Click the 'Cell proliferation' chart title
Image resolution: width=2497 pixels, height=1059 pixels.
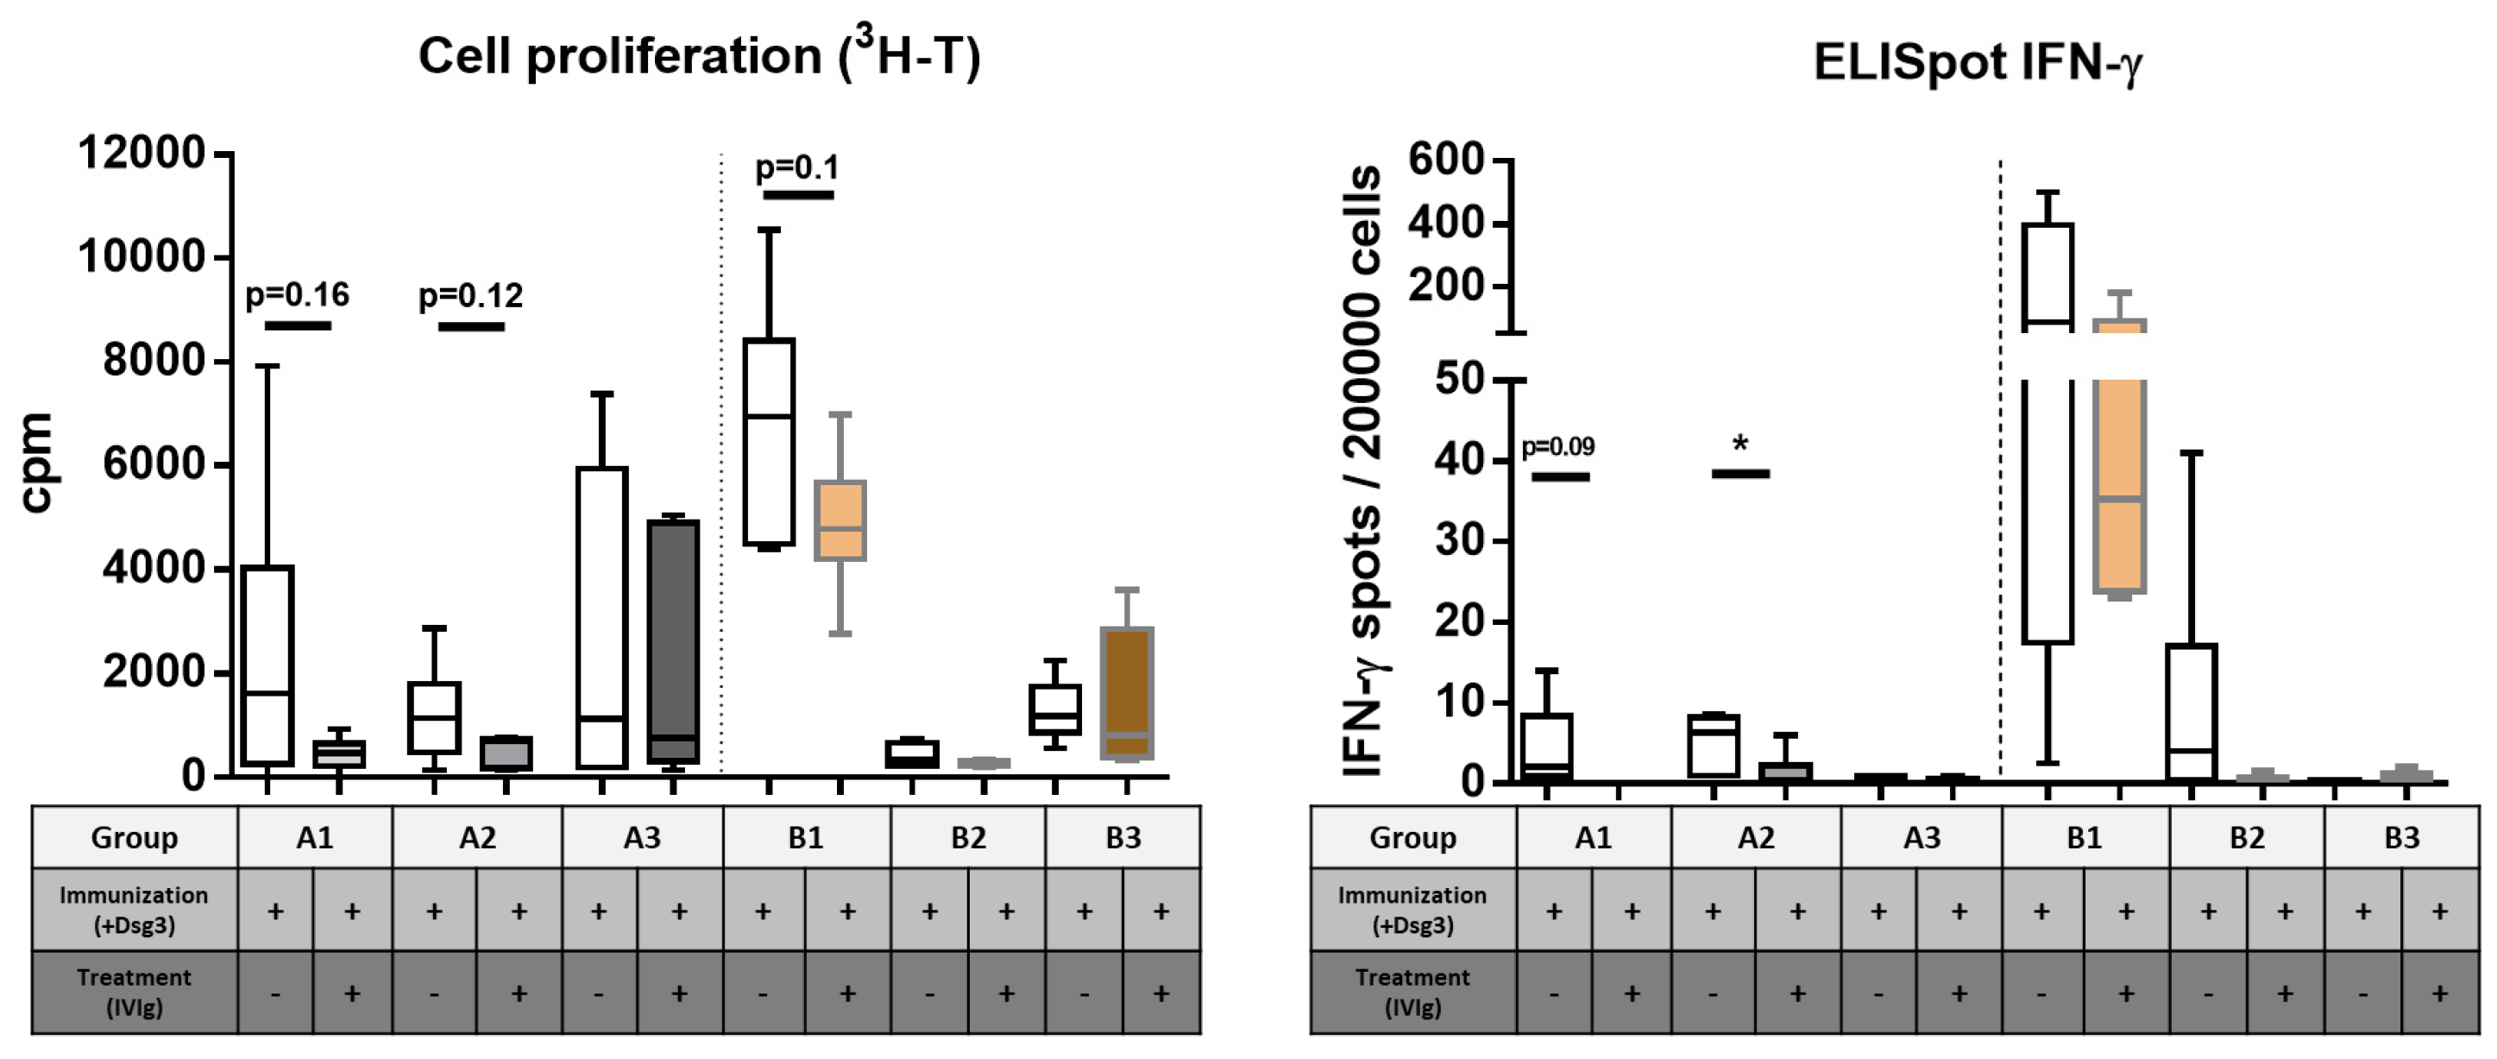click(698, 56)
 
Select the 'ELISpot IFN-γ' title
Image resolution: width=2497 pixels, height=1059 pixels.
click(1978, 64)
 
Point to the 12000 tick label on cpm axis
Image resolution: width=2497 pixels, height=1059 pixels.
click(142, 154)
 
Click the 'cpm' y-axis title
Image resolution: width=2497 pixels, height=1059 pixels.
click(37, 463)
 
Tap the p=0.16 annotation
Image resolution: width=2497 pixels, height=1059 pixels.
click(297, 295)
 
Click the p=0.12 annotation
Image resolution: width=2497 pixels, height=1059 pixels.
click(470, 295)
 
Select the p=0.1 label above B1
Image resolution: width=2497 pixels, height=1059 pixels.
click(796, 167)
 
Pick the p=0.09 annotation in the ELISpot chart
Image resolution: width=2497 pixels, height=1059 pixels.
click(1557, 447)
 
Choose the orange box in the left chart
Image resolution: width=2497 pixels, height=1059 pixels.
click(840, 520)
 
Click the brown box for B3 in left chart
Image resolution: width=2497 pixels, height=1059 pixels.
click(1126, 693)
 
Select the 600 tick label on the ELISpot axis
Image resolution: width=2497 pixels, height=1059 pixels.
click(1445, 159)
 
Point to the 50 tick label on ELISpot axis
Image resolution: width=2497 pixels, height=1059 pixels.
click(1459, 379)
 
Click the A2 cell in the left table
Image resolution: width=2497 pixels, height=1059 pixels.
click(477, 837)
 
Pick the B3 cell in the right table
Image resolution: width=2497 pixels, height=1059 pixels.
click(2401, 837)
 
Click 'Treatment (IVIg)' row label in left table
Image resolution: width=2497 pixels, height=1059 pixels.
click(134, 992)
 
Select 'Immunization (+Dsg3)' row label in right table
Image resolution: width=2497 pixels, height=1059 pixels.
click(1412, 910)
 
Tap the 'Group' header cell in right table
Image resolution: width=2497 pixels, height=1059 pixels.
click(1412, 837)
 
